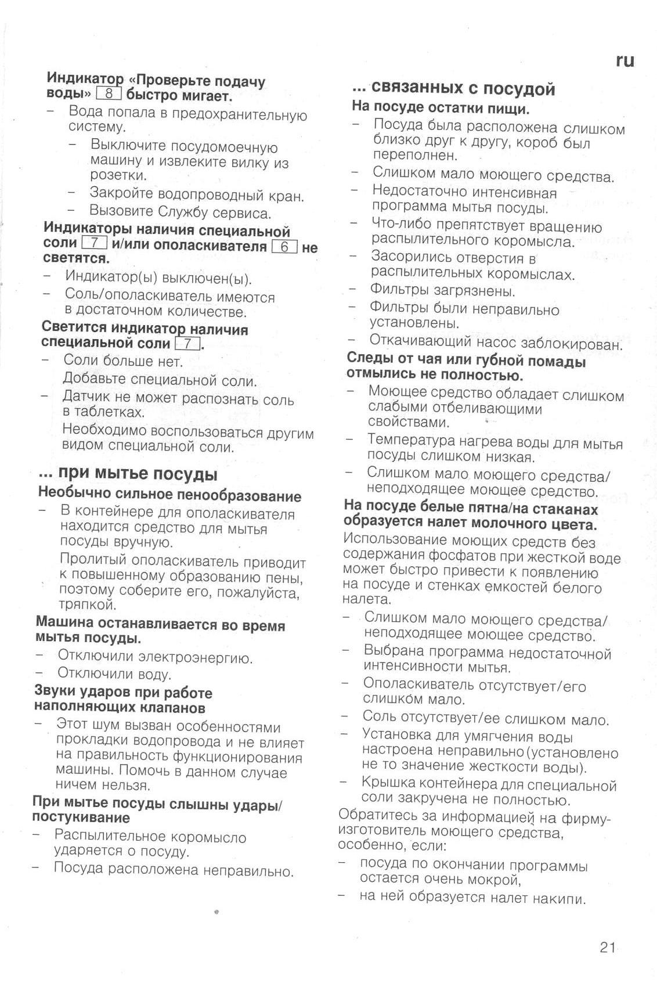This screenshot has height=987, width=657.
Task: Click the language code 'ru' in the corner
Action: tap(624, 60)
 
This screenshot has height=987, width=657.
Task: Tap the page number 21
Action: tap(607, 948)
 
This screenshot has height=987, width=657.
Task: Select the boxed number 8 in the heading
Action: tap(109, 93)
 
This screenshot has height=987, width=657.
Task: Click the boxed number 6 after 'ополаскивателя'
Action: tap(284, 247)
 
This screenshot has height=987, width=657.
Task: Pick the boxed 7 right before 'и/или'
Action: tap(95, 243)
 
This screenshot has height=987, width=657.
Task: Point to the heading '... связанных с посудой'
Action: tap(454, 88)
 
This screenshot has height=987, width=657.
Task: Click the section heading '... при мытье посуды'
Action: tap(128, 474)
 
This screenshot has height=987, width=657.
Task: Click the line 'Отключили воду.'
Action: tap(114, 674)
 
